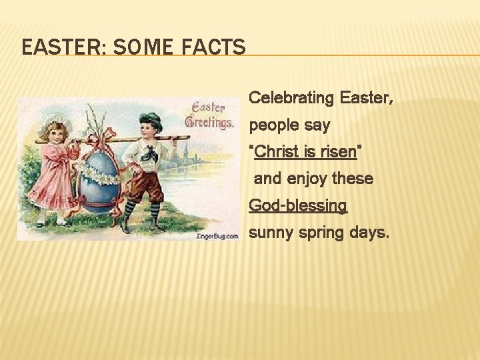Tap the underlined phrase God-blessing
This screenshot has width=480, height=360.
pyautogui.click(x=298, y=205)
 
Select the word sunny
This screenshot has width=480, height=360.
pyautogui.click(x=270, y=233)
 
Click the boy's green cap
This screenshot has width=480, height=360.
pyautogui.click(x=151, y=121)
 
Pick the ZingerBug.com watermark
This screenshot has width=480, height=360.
pyautogui.click(x=217, y=236)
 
